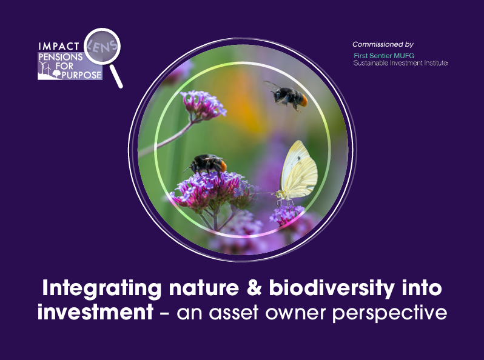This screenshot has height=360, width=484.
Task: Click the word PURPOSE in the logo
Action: coord(82,75)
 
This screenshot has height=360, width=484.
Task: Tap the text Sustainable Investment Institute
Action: coord(400,63)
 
